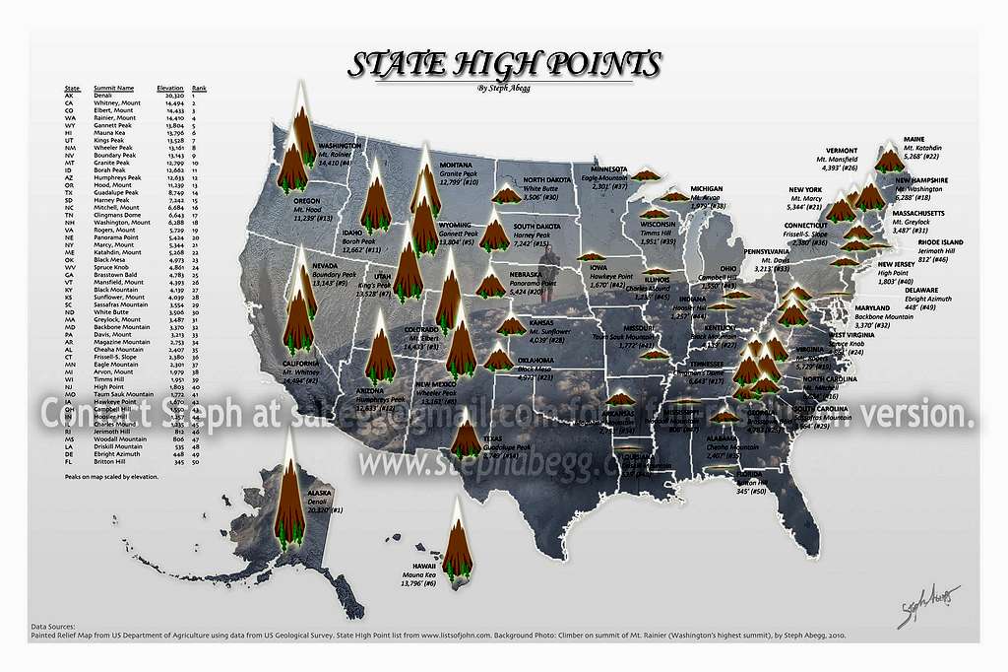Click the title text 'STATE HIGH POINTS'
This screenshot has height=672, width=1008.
click(x=505, y=65)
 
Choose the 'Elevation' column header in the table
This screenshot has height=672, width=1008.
click(x=170, y=88)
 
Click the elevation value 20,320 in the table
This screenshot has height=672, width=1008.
click(x=170, y=96)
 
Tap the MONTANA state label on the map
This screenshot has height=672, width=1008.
click(x=455, y=165)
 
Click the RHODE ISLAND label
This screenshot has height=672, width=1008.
click(x=939, y=242)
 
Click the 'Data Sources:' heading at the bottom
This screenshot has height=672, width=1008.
click(x=54, y=626)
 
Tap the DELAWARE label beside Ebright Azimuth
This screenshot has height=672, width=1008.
click(x=923, y=291)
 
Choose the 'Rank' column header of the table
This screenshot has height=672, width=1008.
click(x=199, y=88)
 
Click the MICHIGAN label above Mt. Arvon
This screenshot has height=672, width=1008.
click(x=706, y=188)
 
